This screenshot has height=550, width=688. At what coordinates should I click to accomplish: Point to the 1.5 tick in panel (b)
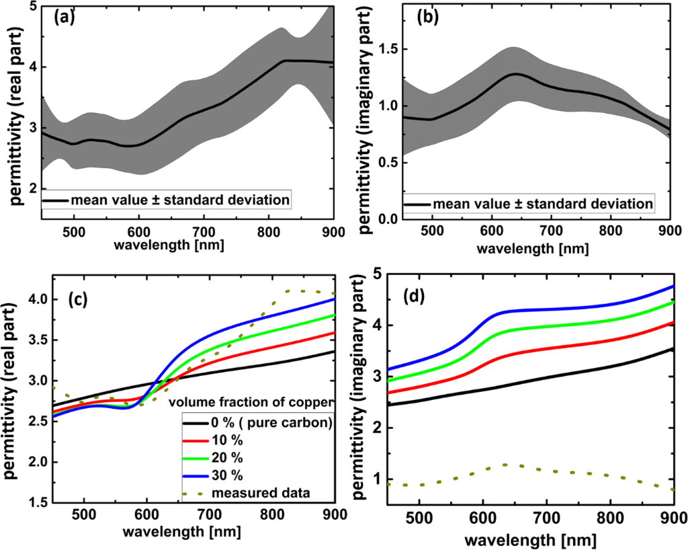point(390,49)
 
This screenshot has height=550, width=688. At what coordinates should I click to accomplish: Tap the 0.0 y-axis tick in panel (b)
point(390,219)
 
